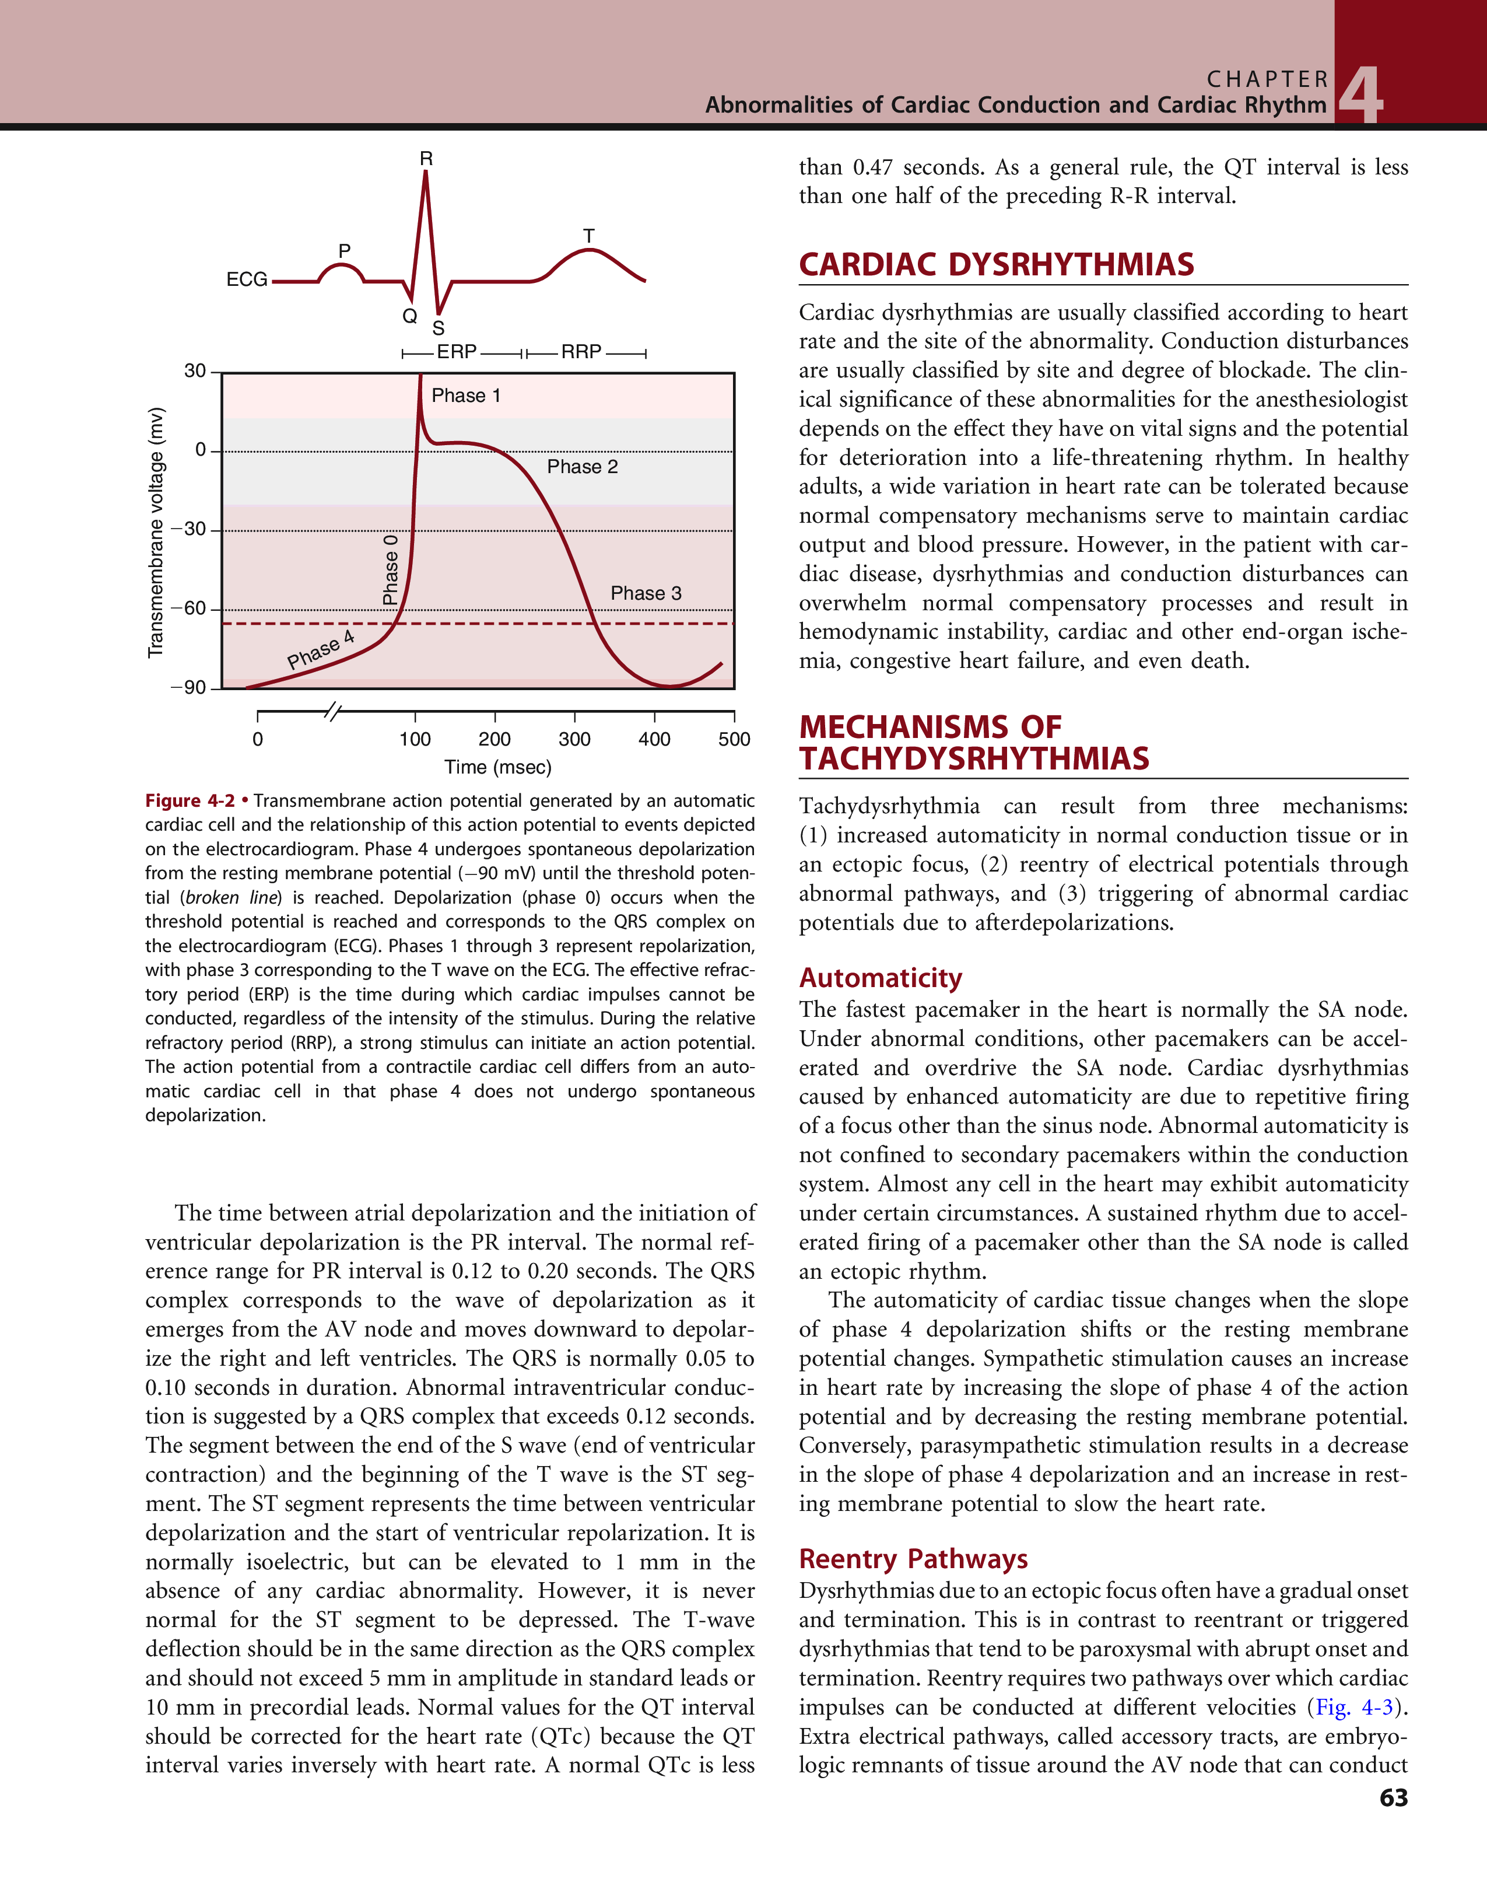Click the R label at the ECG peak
(426, 159)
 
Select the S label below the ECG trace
(438, 328)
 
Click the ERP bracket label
(457, 352)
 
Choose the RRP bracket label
(581, 352)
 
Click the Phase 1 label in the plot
(466, 396)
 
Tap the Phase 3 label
(646, 593)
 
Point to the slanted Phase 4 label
(321, 650)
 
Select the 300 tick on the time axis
(574, 740)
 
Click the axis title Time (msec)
(497, 768)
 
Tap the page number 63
(1393, 1797)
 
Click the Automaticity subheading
(881, 978)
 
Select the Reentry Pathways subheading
(913, 1558)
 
